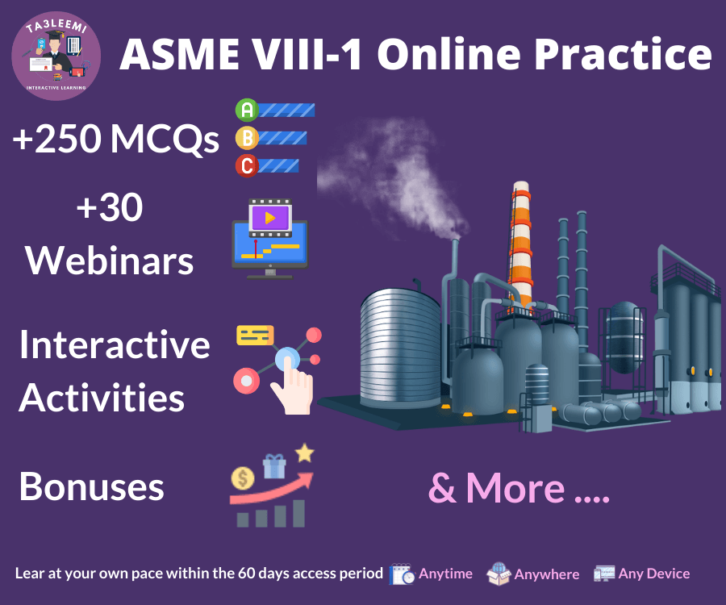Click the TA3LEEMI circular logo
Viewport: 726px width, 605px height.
coord(56,56)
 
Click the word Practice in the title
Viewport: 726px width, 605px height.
coord(623,54)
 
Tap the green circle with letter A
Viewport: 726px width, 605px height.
coord(247,111)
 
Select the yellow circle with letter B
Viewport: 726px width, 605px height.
coord(247,138)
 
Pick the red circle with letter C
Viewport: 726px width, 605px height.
coord(247,165)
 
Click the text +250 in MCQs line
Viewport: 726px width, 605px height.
coord(57,139)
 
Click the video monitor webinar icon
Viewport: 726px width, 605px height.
coord(270,239)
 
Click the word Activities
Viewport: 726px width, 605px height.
coord(102,397)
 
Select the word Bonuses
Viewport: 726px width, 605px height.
coord(92,486)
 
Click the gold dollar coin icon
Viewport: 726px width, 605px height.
coord(243,478)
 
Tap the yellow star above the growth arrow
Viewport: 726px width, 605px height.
coord(305,453)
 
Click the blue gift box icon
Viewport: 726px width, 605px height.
coord(274,466)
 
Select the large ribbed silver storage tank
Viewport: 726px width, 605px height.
coord(401,348)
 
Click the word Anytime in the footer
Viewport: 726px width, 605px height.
coord(445,574)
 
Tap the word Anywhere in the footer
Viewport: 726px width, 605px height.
coord(547,574)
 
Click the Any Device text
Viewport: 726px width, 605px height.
coord(654,574)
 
